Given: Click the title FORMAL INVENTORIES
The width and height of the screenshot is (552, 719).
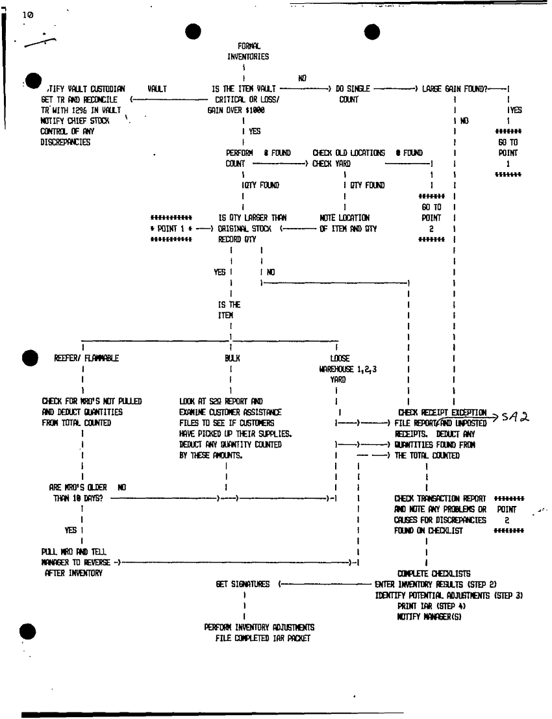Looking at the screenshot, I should (248, 51).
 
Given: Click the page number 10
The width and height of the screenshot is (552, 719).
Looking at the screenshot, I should (13, 14).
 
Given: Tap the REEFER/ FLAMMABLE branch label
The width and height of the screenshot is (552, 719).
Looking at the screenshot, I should (86, 357).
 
